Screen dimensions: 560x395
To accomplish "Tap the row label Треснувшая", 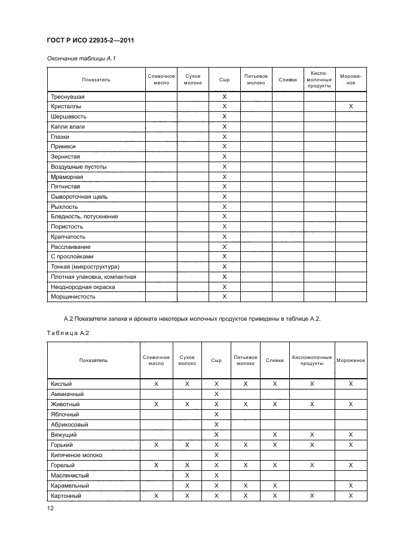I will click(68, 96).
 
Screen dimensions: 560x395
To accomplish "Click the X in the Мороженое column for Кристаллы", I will click(351, 106).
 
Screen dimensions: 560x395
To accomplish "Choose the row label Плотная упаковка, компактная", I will click(93, 276).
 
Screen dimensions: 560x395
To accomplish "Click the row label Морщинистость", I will click(73, 296).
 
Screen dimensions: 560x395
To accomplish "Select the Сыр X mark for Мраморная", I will click(225, 176).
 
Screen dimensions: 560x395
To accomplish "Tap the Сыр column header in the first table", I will click(225, 80).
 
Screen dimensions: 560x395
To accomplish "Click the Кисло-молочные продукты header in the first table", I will click(319, 80).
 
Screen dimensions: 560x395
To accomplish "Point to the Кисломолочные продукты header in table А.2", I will click(313, 361).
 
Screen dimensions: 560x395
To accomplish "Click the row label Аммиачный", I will click(67, 394).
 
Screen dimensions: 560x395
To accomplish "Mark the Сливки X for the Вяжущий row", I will click(275, 434).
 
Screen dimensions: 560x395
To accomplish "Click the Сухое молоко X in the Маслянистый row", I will click(187, 475).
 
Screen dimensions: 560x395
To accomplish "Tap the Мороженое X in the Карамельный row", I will click(351, 485).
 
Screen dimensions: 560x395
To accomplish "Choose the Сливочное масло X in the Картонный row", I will click(157, 495).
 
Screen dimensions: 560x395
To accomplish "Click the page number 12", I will click(51, 508).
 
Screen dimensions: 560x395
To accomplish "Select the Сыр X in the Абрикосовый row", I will click(216, 424).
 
